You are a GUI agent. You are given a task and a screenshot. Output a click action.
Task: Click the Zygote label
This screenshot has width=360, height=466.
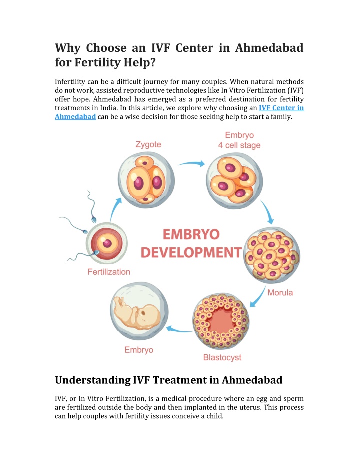point(148,145)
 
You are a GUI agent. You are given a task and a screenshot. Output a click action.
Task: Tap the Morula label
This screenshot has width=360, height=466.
point(280,293)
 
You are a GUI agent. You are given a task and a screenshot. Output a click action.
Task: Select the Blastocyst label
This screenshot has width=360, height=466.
point(222,357)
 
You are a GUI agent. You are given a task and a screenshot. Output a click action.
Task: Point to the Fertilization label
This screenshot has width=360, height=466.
point(109,272)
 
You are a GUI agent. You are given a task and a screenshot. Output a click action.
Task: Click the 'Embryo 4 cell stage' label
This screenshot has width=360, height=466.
point(239,140)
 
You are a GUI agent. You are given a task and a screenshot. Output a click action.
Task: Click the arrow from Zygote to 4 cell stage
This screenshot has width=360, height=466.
point(192,163)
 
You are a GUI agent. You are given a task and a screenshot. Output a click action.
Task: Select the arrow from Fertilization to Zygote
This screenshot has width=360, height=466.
point(115,209)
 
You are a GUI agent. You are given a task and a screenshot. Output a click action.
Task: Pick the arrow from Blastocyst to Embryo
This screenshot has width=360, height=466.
point(179,330)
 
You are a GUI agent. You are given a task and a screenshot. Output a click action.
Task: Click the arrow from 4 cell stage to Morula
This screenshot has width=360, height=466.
point(267,212)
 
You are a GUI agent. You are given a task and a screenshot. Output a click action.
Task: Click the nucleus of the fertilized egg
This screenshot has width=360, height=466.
point(107,243)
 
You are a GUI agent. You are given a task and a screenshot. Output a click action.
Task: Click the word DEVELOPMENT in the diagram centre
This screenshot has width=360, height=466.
point(191,253)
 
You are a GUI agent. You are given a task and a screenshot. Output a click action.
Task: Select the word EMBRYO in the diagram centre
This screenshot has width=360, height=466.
point(191,234)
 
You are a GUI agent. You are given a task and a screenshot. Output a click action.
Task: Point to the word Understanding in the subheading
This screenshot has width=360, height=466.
point(92,380)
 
